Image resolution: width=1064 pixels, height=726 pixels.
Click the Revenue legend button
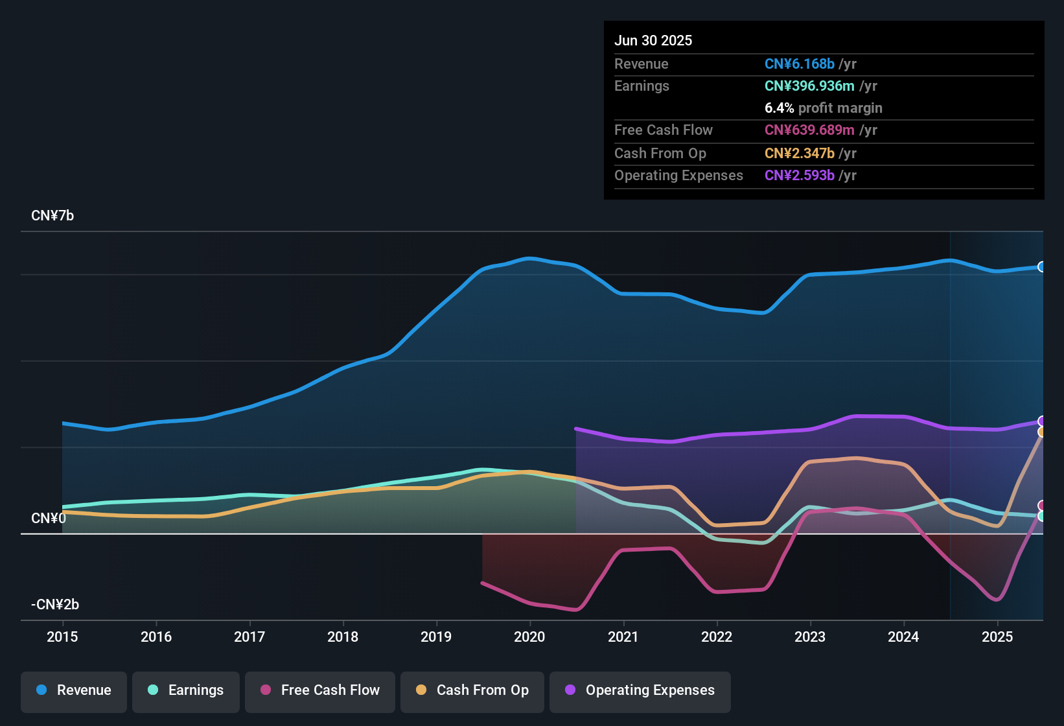coord(74,690)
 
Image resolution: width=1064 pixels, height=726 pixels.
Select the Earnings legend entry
coord(186,690)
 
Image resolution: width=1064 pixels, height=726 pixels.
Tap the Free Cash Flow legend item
coord(320,690)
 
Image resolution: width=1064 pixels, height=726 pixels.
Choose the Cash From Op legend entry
coord(472,690)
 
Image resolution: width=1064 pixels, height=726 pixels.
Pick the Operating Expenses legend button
coord(640,690)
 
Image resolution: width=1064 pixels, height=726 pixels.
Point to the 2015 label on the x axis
coord(62,637)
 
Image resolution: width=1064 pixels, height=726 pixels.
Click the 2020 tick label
coord(529,637)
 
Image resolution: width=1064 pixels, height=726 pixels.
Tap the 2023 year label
coord(810,637)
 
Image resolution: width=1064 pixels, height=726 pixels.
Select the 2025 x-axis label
coord(997,637)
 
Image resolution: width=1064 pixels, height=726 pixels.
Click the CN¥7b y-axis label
coord(52,216)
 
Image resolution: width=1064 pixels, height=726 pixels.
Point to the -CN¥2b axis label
coord(55,605)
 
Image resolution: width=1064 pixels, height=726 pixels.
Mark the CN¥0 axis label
coord(49,519)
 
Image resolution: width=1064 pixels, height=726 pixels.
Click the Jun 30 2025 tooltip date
coord(653,41)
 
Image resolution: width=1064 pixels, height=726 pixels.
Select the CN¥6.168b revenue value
coord(800,64)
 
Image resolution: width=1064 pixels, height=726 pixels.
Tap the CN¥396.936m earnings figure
coord(809,86)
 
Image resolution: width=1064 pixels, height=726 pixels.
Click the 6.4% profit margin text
coord(824,108)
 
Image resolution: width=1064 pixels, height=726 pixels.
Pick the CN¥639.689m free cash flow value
coord(809,130)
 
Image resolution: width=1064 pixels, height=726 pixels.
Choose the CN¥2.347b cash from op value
coord(800,154)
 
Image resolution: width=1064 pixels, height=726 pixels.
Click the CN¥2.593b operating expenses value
coord(800,176)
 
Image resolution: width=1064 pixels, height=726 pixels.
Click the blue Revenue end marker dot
coord(1041,266)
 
